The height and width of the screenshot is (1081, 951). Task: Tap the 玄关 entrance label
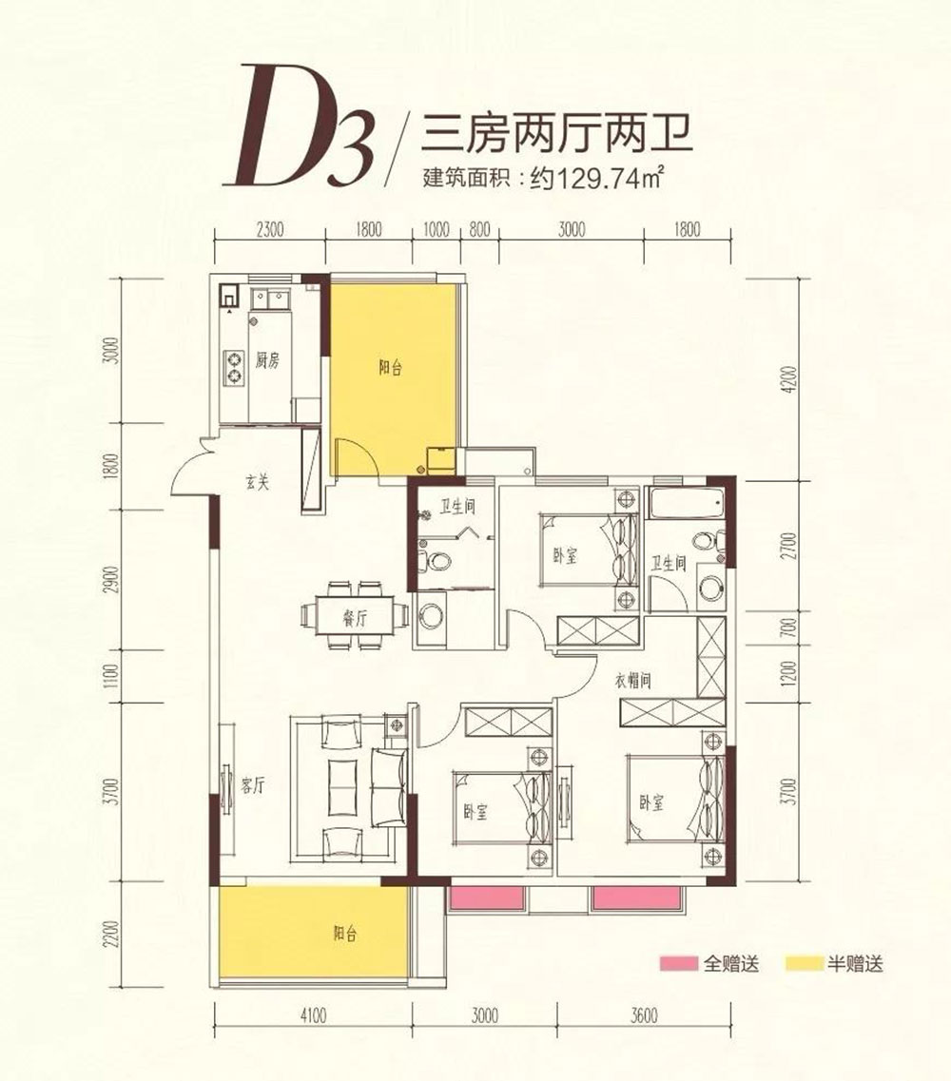pos(258,483)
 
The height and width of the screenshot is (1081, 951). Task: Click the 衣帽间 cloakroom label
pos(631,681)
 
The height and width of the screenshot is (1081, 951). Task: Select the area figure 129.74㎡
pos(594,177)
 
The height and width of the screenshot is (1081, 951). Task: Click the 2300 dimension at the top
pos(270,229)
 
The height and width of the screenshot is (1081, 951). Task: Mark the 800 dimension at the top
pos(479,229)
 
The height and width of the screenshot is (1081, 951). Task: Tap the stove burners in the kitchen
pos(233,367)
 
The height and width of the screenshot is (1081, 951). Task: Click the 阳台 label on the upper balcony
pos(390,368)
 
